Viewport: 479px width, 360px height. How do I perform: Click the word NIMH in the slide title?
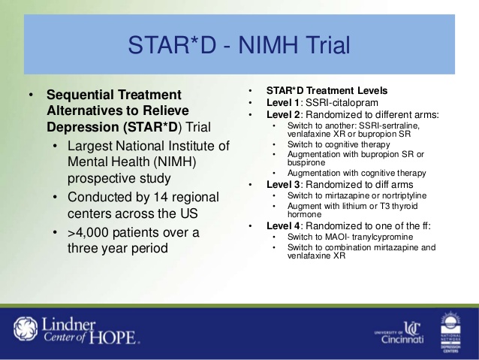point(267,45)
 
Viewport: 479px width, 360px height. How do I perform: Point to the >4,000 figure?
point(88,233)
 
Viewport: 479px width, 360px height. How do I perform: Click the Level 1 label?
point(283,102)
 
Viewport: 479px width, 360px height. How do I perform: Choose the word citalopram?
point(355,103)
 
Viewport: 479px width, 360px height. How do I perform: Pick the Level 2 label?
point(283,115)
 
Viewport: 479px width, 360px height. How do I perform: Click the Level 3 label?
point(283,185)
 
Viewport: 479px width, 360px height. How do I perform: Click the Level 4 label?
point(283,226)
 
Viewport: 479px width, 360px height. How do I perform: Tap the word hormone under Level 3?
point(304,214)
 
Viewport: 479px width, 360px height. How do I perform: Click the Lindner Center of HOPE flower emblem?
point(26,329)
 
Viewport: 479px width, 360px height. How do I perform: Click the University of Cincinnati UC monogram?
point(412,328)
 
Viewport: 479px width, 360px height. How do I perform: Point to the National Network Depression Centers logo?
point(451,332)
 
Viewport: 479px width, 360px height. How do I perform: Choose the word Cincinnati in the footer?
point(402,339)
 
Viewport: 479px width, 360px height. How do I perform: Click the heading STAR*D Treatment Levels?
point(327,90)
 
